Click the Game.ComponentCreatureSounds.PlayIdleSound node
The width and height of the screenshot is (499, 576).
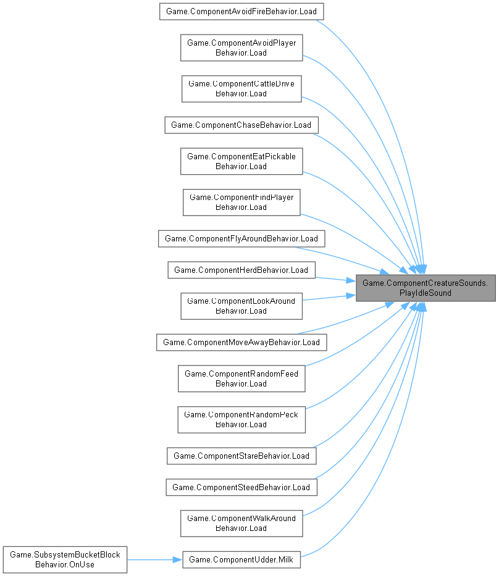click(x=426, y=288)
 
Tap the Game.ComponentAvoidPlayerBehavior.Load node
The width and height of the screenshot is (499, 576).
click(x=241, y=48)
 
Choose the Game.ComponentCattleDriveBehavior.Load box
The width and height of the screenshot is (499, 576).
click(x=241, y=88)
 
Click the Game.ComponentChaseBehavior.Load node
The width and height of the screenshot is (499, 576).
click(x=241, y=125)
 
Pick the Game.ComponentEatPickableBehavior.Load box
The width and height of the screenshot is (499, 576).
click(x=241, y=161)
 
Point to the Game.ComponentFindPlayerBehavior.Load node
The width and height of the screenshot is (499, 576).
click(x=241, y=202)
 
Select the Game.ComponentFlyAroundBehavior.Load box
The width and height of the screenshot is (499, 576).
click(x=241, y=238)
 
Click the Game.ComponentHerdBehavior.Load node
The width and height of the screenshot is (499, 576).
click(x=241, y=270)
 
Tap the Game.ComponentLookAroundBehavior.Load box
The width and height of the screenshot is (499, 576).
click(x=241, y=306)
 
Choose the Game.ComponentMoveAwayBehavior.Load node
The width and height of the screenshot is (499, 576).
click(x=241, y=342)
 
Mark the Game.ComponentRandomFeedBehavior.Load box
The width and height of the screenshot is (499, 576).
click(x=241, y=378)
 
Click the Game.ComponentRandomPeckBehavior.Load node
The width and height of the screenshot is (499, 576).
click(x=241, y=419)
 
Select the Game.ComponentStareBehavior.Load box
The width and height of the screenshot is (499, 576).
click(x=241, y=456)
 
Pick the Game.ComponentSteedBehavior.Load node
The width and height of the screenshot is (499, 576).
click(x=241, y=487)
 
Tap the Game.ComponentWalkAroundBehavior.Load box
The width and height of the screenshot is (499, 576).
click(x=241, y=523)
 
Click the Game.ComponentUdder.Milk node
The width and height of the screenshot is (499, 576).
click(x=241, y=559)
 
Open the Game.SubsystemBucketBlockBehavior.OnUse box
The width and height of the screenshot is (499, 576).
click(x=64, y=559)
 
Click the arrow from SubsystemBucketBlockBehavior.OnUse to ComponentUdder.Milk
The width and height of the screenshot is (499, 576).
click(x=154, y=559)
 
